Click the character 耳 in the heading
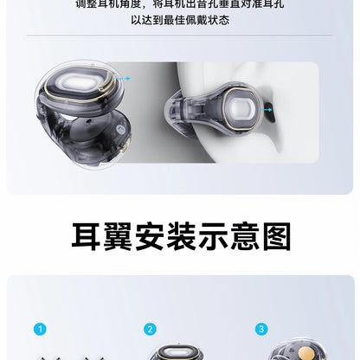click(87, 235)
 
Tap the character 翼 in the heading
click(118, 235)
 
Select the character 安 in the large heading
click(149, 235)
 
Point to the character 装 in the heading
click(180, 235)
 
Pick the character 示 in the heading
click(211, 235)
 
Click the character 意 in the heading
click(242, 235)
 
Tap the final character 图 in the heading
click(273, 235)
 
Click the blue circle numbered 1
click(39, 329)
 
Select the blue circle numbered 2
click(150, 329)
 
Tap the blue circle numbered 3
click(260, 329)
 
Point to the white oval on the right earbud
click(243, 111)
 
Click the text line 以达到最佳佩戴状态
click(180, 19)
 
